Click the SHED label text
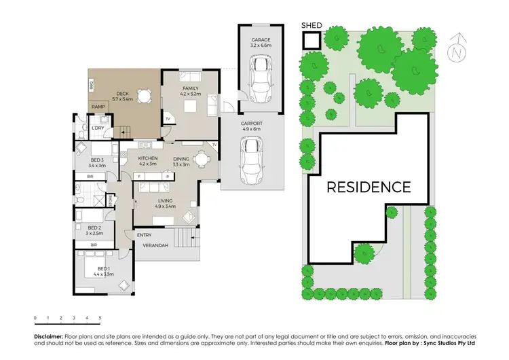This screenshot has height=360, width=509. [312, 26]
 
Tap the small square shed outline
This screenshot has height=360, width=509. [311, 41]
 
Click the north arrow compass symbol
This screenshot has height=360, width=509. [459, 47]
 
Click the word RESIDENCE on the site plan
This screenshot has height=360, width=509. [369, 187]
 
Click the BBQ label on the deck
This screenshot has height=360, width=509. [92, 85]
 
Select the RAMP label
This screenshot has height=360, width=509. [98, 107]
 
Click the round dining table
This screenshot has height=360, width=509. [202, 160]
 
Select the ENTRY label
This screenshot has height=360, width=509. [145, 235]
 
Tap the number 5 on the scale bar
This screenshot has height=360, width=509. [100, 317]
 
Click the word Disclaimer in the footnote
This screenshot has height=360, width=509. [48, 337]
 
